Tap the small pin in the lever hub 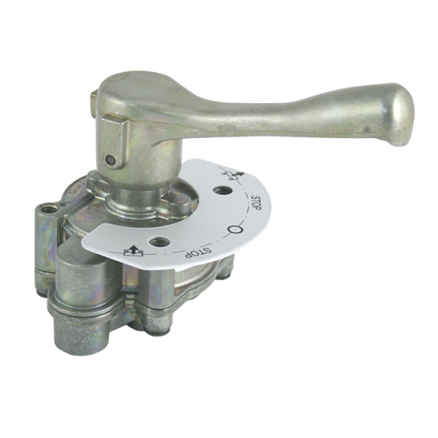tap(111, 159)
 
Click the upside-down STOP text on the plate tap(198, 253)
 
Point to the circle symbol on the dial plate tap(235, 230)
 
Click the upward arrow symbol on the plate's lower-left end tap(134, 251)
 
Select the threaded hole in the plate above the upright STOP tap(223, 191)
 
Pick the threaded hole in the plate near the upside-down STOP tap(160, 242)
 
